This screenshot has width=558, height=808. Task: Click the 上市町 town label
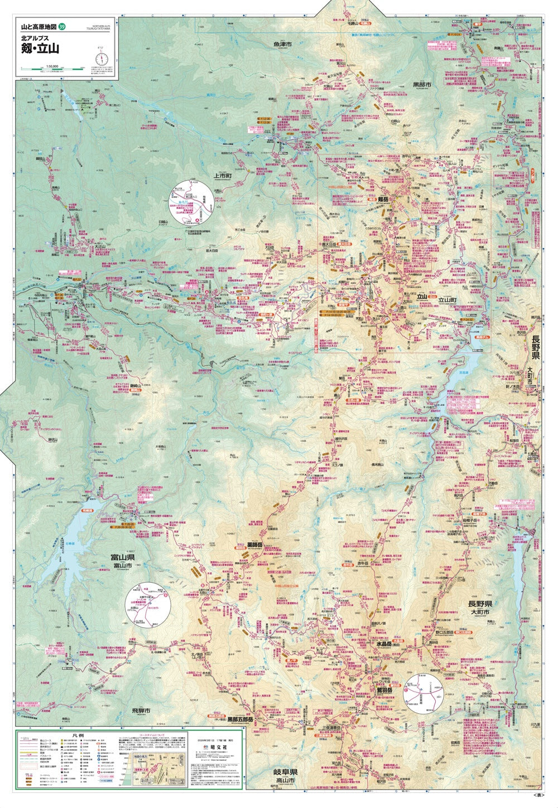pyautogui.click(x=222, y=175)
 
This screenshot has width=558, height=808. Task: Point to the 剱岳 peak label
pyautogui.click(x=382, y=198)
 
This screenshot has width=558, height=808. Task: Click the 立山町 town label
pyautogui.click(x=446, y=299)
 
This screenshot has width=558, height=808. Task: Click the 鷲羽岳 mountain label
pyautogui.click(x=384, y=690)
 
